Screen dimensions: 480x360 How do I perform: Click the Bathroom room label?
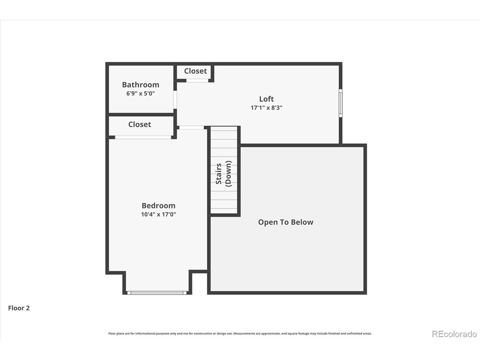coord(141,85)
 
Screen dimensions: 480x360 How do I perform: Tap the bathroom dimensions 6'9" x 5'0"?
coord(141,93)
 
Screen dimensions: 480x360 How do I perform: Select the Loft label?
coord(266,99)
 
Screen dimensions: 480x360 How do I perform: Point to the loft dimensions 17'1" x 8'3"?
coord(266,108)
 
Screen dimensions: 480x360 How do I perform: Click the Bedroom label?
coord(159,205)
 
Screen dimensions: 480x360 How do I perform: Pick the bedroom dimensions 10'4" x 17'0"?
coord(159,214)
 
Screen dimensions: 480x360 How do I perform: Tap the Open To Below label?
coord(286,222)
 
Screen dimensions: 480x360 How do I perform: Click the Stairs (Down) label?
coord(223,174)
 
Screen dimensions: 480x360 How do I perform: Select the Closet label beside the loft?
coord(195,71)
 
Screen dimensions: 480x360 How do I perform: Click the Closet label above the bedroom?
coord(139,124)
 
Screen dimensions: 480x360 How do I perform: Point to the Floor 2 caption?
coord(19,308)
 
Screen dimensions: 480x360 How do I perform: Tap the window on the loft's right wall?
coord(341,103)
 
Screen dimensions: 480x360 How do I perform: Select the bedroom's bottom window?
coord(157,293)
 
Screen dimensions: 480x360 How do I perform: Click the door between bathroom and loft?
coord(175,100)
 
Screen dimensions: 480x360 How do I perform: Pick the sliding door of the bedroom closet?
coord(143,137)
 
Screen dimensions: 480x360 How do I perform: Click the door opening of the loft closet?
coord(197,80)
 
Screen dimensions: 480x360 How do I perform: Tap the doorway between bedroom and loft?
coord(192,127)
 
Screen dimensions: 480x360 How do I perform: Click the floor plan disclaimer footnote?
coord(240,333)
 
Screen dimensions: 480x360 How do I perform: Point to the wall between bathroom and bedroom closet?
coord(141,114)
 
